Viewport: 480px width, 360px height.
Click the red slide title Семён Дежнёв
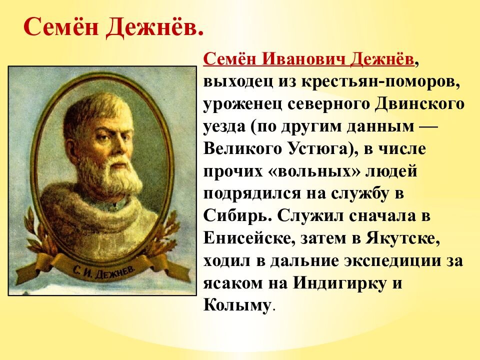coord(113,28)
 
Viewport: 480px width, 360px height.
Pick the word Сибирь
coord(237,216)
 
